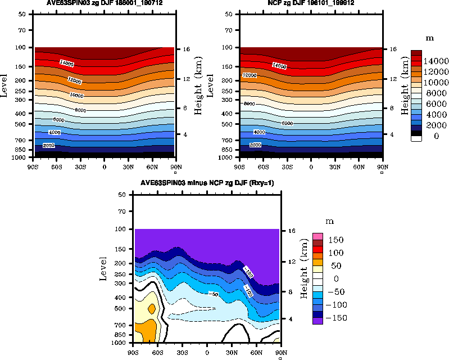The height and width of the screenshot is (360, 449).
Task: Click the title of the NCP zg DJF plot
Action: [x=310, y=3]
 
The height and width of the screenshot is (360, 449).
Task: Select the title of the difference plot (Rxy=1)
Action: [x=207, y=184]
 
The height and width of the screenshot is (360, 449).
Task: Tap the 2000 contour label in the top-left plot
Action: [x=49, y=146]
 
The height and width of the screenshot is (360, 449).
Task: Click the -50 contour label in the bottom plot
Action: [x=214, y=294]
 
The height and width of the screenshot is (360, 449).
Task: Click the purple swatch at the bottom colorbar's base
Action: [x=318, y=320]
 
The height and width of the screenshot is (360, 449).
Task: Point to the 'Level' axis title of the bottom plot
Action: [x=103, y=268]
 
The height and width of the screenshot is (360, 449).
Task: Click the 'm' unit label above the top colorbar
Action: [x=429, y=38]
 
